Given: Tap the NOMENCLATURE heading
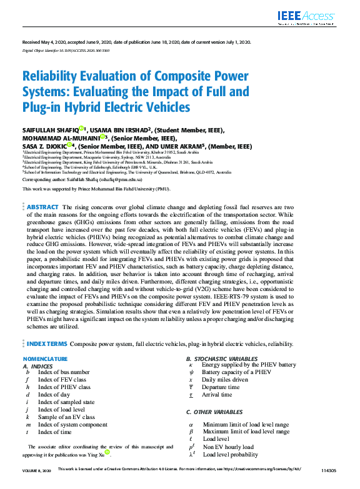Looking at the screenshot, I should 44,359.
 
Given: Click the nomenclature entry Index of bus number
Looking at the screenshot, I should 64,372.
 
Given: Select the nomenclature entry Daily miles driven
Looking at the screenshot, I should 226,380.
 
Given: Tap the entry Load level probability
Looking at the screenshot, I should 230,455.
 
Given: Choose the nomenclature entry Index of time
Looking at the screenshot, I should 55,432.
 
